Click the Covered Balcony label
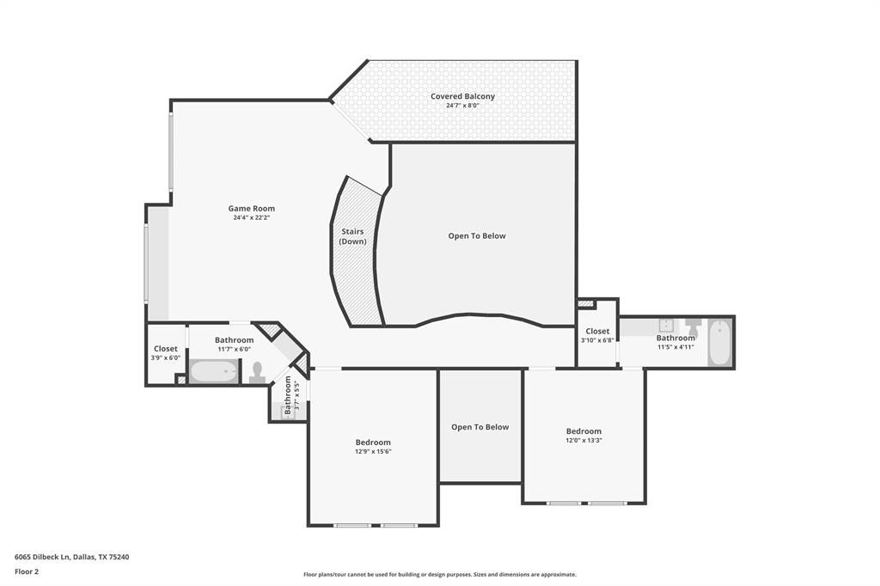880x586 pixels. coord(462,96)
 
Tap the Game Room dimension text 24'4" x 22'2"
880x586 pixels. coord(251,218)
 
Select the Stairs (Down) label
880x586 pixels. coord(352,236)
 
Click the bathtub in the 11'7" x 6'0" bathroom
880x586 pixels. coord(213,372)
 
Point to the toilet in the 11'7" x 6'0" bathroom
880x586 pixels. coord(256,372)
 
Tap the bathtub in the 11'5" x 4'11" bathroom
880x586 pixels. coord(719,343)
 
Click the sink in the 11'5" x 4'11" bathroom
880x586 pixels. coord(664,325)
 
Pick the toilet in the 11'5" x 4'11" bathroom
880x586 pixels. coord(693,327)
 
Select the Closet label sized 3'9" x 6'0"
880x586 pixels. coord(166,349)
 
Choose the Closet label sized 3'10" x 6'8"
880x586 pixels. coord(597,331)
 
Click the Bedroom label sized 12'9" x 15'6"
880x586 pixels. coord(373,443)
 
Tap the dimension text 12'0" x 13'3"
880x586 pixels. coord(584,441)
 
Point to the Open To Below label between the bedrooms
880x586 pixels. coord(480,427)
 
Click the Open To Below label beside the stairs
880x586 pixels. coord(477,235)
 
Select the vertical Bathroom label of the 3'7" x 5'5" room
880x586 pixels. coord(288,395)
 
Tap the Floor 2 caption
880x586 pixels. coord(27,571)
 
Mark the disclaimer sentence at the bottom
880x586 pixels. coord(439,575)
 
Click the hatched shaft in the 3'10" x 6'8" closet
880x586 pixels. coord(586,303)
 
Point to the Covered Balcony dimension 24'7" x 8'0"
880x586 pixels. coord(462,106)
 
